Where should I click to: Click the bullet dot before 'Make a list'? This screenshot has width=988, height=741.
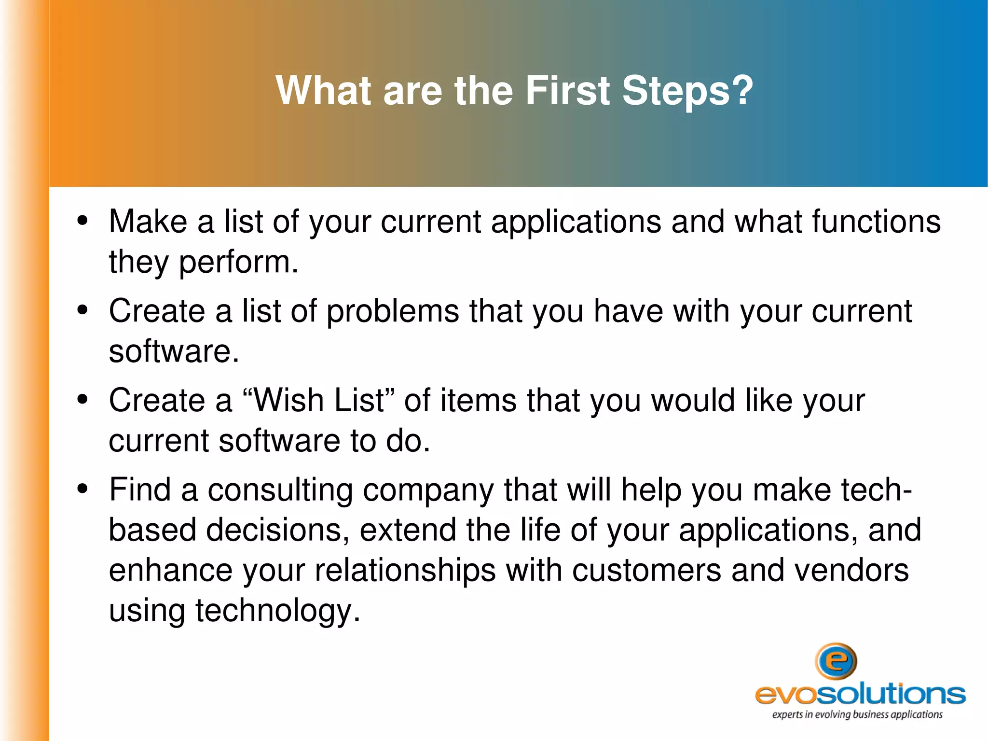click(82, 221)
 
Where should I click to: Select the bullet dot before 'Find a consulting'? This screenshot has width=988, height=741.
click(82, 489)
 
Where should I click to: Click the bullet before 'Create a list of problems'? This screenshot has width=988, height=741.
click(82, 310)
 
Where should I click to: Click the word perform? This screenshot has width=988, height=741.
click(239, 263)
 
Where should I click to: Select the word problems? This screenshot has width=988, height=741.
click(393, 311)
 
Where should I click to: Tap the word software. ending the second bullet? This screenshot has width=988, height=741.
click(174, 351)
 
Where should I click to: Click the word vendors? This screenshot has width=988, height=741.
click(851, 571)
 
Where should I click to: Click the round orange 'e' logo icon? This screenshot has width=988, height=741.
click(836, 661)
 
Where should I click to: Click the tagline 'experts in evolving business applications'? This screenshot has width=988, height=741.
click(857, 715)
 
